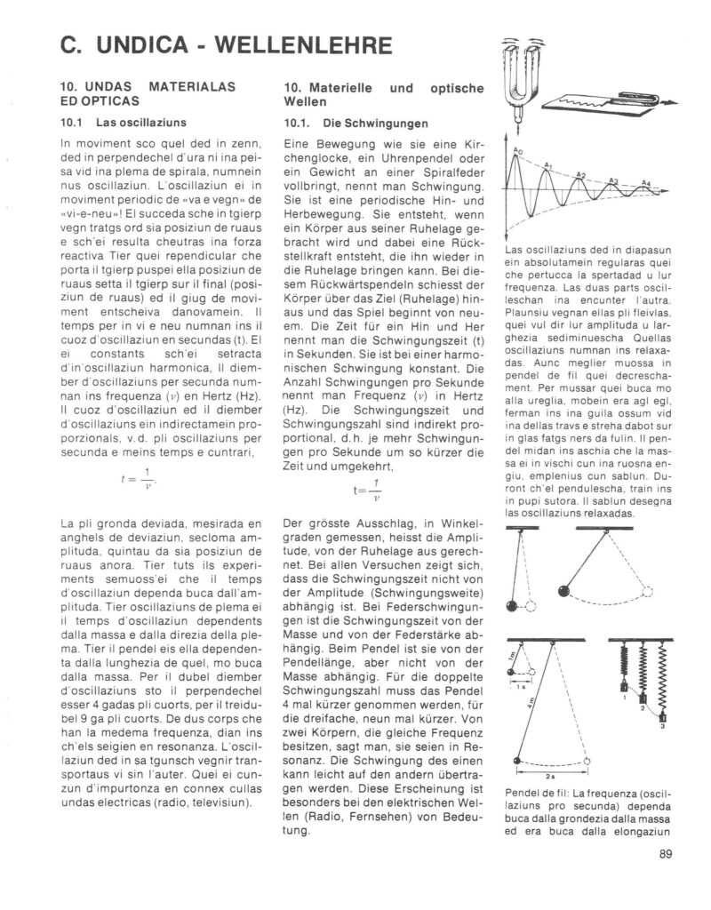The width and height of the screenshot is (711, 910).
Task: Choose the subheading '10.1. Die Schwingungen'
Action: point(343,123)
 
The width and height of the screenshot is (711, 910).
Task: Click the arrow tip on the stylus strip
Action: point(664,102)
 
